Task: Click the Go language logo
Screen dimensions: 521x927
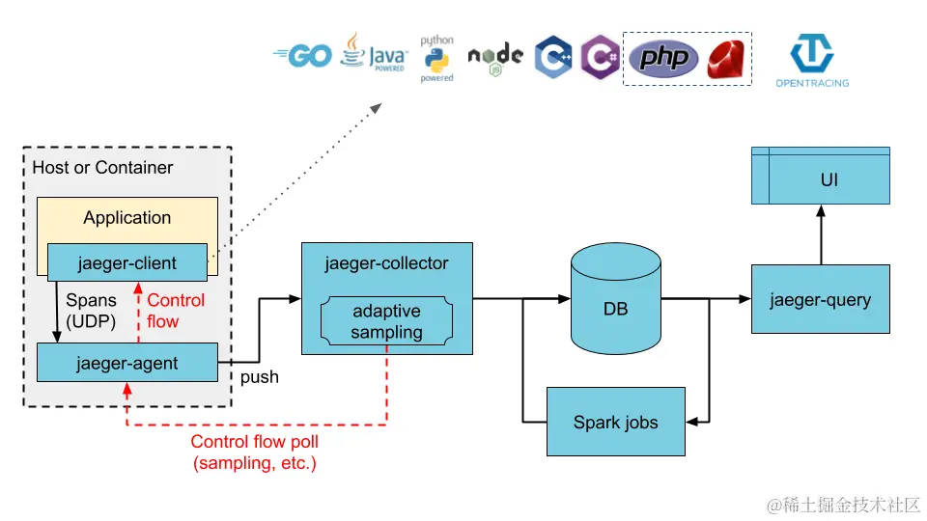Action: coord(303,57)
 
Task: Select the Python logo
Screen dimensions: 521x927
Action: coord(436,59)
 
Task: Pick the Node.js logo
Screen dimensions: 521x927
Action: coord(495,57)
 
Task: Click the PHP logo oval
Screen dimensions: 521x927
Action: coord(664,59)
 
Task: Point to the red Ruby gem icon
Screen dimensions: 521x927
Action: coord(729,59)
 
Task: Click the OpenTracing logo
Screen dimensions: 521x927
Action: coord(812,61)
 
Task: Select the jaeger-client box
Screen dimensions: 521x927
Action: coord(126,263)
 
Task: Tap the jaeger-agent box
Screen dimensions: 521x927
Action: coord(126,363)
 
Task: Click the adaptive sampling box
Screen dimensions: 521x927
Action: coord(386,321)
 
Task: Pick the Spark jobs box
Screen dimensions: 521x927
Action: coord(616,422)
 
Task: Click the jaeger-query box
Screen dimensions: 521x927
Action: coord(820,299)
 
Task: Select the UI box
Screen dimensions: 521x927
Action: coord(820,180)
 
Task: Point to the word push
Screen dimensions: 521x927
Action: coord(260,377)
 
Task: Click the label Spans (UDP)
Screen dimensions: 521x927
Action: coord(91,311)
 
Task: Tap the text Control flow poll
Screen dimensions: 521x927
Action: coord(255,442)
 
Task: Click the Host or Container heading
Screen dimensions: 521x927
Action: coord(102,168)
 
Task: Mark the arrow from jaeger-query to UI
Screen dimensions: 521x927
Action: coord(821,234)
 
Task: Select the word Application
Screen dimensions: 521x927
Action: coord(126,218)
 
